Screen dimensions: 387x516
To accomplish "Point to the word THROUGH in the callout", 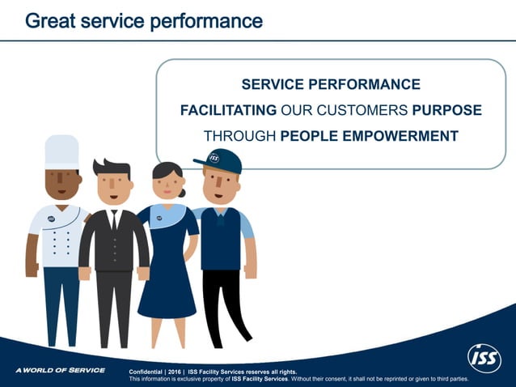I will click(x=239, y=136).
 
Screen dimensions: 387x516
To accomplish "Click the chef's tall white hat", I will click(x=61, y=151).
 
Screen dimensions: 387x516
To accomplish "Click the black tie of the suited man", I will click(x=114, y=219).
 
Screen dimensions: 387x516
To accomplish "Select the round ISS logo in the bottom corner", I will click(x=484, y=356).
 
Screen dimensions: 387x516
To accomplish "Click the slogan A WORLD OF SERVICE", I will click(x=60, y=370).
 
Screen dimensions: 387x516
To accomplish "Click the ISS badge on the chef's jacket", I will click(x=51, y=218).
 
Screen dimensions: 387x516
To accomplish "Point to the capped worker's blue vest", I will click(x=221, y=238).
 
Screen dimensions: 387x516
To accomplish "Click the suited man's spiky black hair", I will click(x=112, y=168).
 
